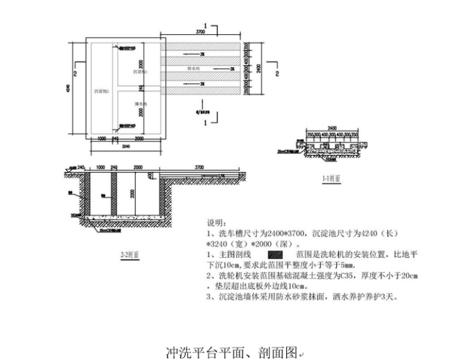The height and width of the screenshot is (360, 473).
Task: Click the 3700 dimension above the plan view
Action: [200, 31]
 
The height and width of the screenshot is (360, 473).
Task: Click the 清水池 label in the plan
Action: [141, 104]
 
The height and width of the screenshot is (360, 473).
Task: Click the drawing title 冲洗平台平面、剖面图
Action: [232, 353]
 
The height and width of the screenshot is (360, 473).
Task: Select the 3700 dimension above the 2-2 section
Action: [199, 167]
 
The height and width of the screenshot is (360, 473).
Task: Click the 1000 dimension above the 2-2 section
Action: [100, 167]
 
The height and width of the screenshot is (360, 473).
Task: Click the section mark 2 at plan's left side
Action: [74, 73]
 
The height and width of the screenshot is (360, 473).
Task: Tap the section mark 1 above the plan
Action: [214, 26]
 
